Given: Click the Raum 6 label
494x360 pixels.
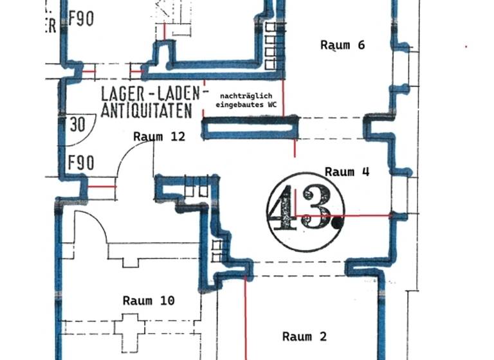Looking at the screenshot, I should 343,45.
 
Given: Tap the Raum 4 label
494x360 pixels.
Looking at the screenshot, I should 347,172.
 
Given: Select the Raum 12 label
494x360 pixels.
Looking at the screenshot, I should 159,136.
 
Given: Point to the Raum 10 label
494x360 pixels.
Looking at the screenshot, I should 149,300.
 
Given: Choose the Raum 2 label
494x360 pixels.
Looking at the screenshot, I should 304,336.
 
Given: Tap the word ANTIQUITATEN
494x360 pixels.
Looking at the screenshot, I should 146,111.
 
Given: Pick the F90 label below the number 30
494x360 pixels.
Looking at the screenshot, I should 80,163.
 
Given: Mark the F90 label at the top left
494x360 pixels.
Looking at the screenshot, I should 80,19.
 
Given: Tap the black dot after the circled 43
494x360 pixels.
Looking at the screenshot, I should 336,224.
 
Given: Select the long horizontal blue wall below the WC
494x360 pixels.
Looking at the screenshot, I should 250,127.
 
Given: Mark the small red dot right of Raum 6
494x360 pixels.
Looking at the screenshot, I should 466,46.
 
